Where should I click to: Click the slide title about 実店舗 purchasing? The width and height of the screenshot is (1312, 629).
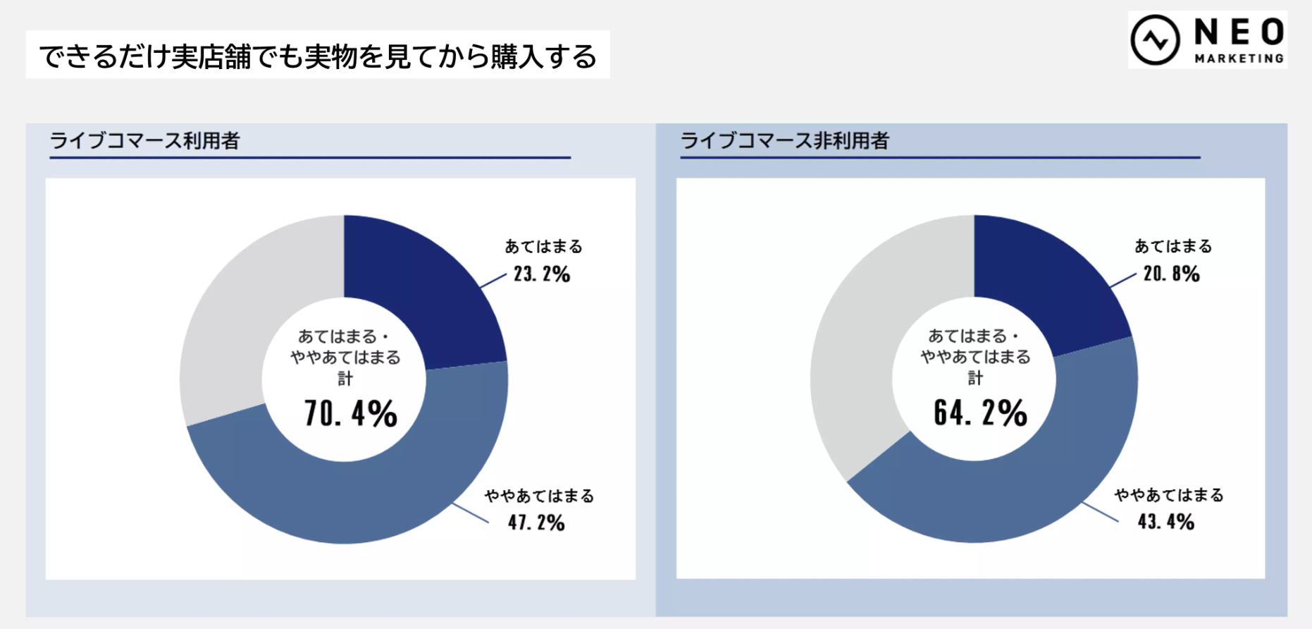pyautogui.click(x=317, y=56)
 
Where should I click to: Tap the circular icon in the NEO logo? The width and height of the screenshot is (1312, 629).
pyautogui.click(x=1155, y=40)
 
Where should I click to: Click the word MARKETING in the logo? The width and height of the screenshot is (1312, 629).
pyautogui.click(x=1239, y=59)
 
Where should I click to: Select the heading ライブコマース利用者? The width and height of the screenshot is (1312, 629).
pyautogui.click(x=145, y=141)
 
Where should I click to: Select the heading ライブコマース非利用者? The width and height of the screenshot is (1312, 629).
pyautogui.click(x=784, y=141)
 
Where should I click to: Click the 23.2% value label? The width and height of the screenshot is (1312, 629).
pyautogui.click(x=541, y=274)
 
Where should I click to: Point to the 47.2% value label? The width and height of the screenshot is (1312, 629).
pyautogui.click(x=536, y=523)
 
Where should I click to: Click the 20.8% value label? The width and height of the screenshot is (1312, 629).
pyautogui.click(x=1171, y=274)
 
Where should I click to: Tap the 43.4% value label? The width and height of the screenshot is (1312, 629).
pyautogui.click(x=1165, y=522)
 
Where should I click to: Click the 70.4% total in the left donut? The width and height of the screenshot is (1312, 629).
pyautogui.click(x=350, y=413)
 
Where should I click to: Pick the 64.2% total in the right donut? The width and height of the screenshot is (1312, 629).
pyautogui.click(x=980, y=413)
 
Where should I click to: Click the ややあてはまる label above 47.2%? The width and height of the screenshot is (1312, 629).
pyautogui.click(x=539, y=496)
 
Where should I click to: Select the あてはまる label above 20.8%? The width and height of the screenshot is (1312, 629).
pyautogui.click(x=1173, y=247)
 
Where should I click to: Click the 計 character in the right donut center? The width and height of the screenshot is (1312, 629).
pyautogui.click(x=975, y=379)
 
